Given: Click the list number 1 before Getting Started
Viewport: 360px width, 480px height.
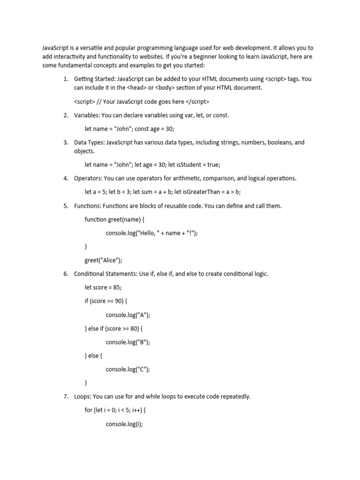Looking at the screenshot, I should [x=66, y=79].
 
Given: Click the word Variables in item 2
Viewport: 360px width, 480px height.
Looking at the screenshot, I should [x=86, y=115].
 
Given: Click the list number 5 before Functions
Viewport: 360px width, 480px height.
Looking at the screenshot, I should [x=66, y=206].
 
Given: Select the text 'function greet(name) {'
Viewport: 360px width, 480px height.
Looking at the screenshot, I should [x=114, y=219].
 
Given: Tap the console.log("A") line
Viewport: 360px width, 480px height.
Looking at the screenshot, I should [x=128, y=315].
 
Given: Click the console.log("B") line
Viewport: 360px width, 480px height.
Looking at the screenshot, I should [x=128, y=342].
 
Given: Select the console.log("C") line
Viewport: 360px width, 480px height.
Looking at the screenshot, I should [x=128, y=369].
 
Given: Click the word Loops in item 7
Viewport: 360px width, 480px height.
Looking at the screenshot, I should [x=82, y=397].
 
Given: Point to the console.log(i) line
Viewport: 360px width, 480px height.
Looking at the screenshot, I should [x=124, y=424].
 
